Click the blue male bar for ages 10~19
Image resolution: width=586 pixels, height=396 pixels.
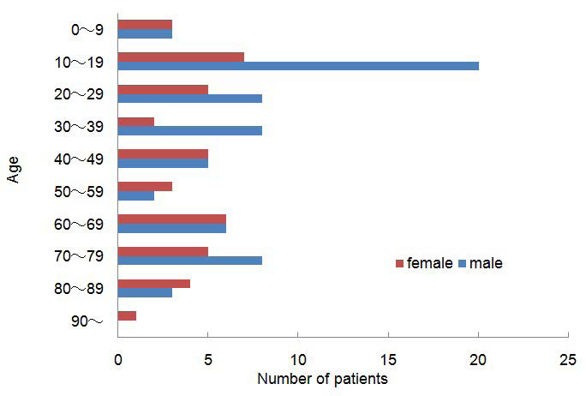point(298,65)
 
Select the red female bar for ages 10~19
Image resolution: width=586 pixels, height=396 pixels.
point(181,57)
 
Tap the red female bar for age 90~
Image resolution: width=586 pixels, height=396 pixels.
point(127,315)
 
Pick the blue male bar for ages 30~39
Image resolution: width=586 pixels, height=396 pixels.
point(190,131)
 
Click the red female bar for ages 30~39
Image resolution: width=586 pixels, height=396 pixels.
point(136,122)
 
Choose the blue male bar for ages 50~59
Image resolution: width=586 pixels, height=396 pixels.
point(136,195)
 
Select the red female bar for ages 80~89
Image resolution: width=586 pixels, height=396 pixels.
point(154,283)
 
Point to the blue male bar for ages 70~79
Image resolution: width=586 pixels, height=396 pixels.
point(190,260)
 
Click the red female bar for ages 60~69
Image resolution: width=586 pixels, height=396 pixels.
point(172,219)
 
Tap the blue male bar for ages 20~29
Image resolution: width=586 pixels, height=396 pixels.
point(190,98)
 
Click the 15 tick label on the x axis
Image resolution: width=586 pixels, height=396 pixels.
point(388,360)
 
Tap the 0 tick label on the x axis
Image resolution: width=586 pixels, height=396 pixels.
point(118,360)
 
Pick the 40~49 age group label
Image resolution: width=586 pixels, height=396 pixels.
point(79,159)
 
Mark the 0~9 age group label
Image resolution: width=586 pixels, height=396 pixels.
point(87,30)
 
